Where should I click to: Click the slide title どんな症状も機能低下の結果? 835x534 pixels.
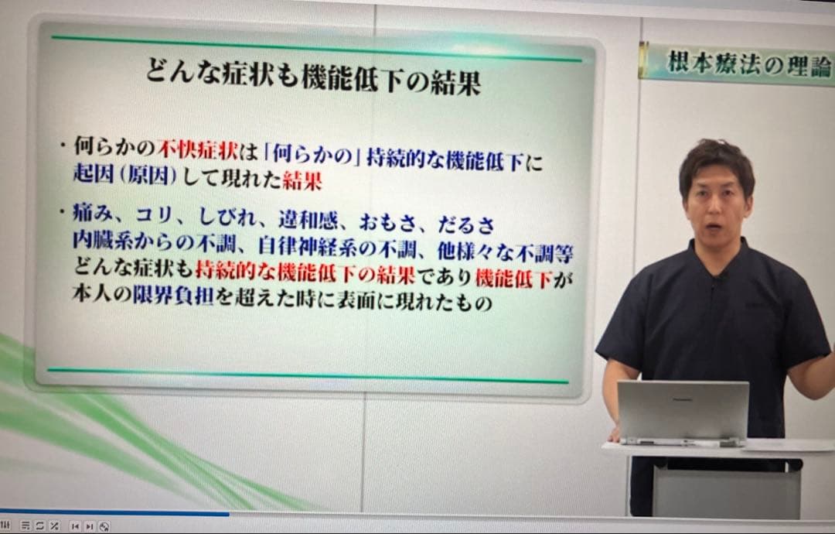[313, 80]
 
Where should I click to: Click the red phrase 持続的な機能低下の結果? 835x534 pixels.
[305, 276]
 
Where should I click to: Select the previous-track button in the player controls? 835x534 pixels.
[75, 526]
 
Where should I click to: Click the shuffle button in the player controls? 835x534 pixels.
[54, 526]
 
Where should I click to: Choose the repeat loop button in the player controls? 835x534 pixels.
[39, 526]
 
